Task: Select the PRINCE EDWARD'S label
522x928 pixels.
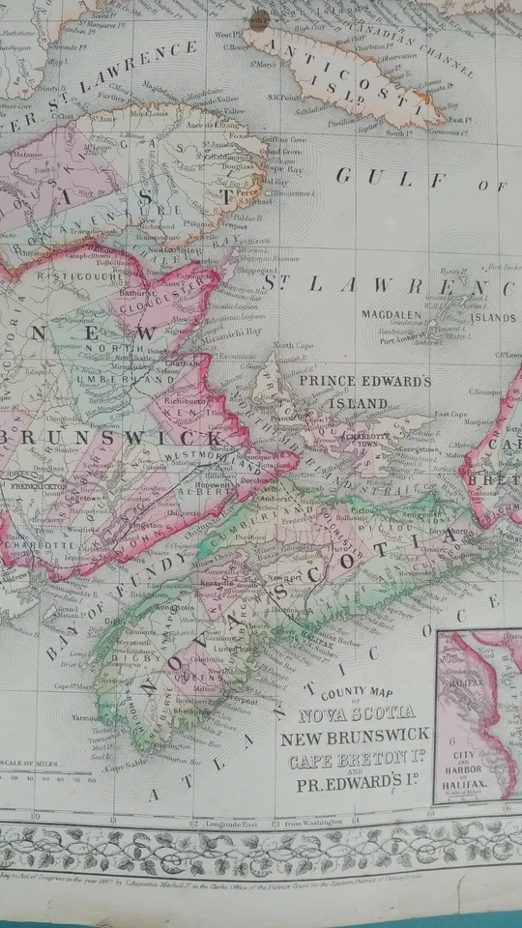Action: click(363, 382)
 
